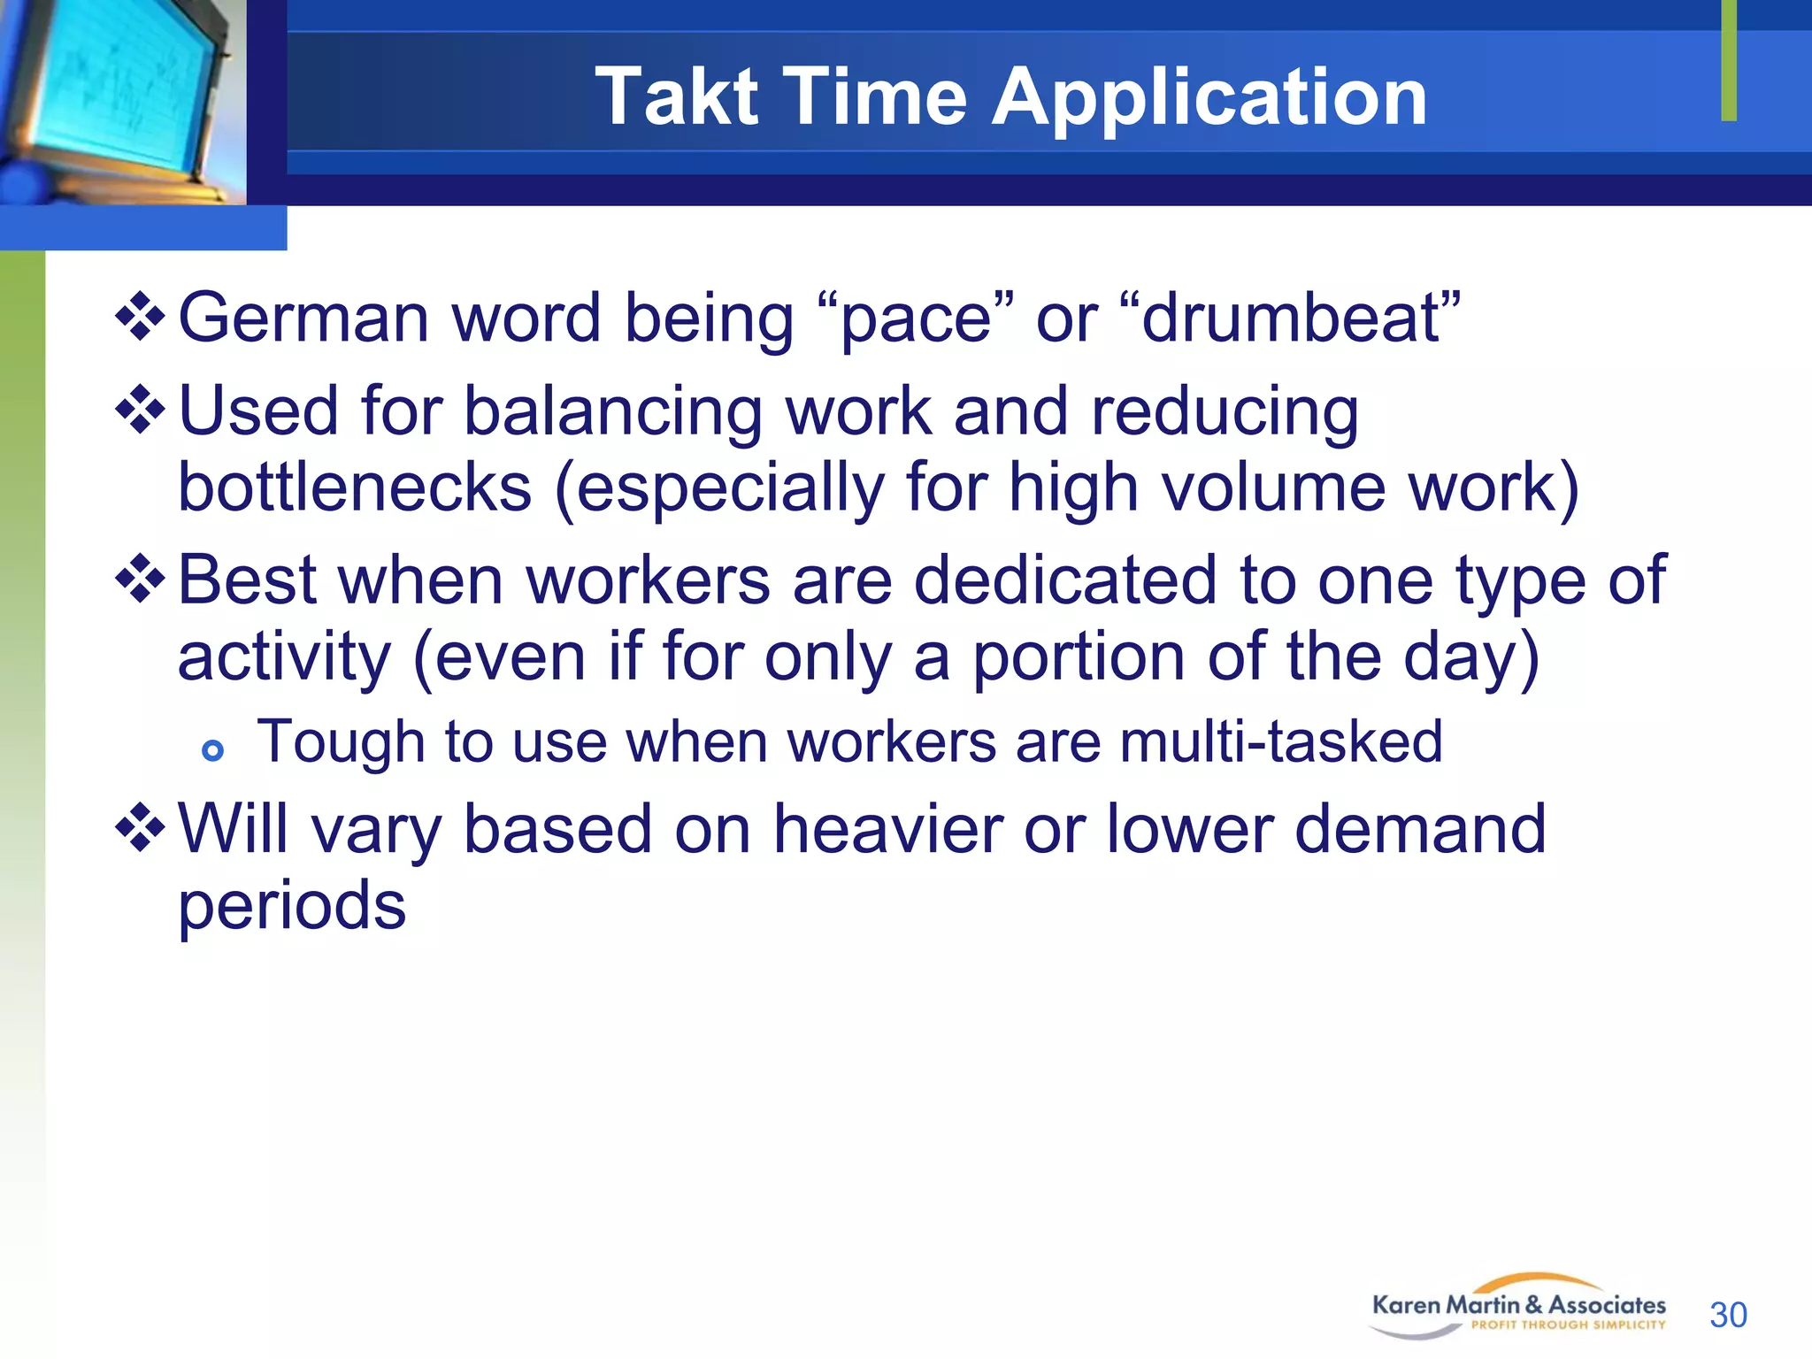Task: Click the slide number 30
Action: [x=1728, y=1315]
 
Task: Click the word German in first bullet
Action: [x=303, y=318]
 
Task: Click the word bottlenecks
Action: [x=355, y=488]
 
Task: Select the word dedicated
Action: [x=1065, y=580]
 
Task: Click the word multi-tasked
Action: [x=1280, y=741]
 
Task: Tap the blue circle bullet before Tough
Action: [x=212, y=751]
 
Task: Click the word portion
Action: [x=1079, y=658]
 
